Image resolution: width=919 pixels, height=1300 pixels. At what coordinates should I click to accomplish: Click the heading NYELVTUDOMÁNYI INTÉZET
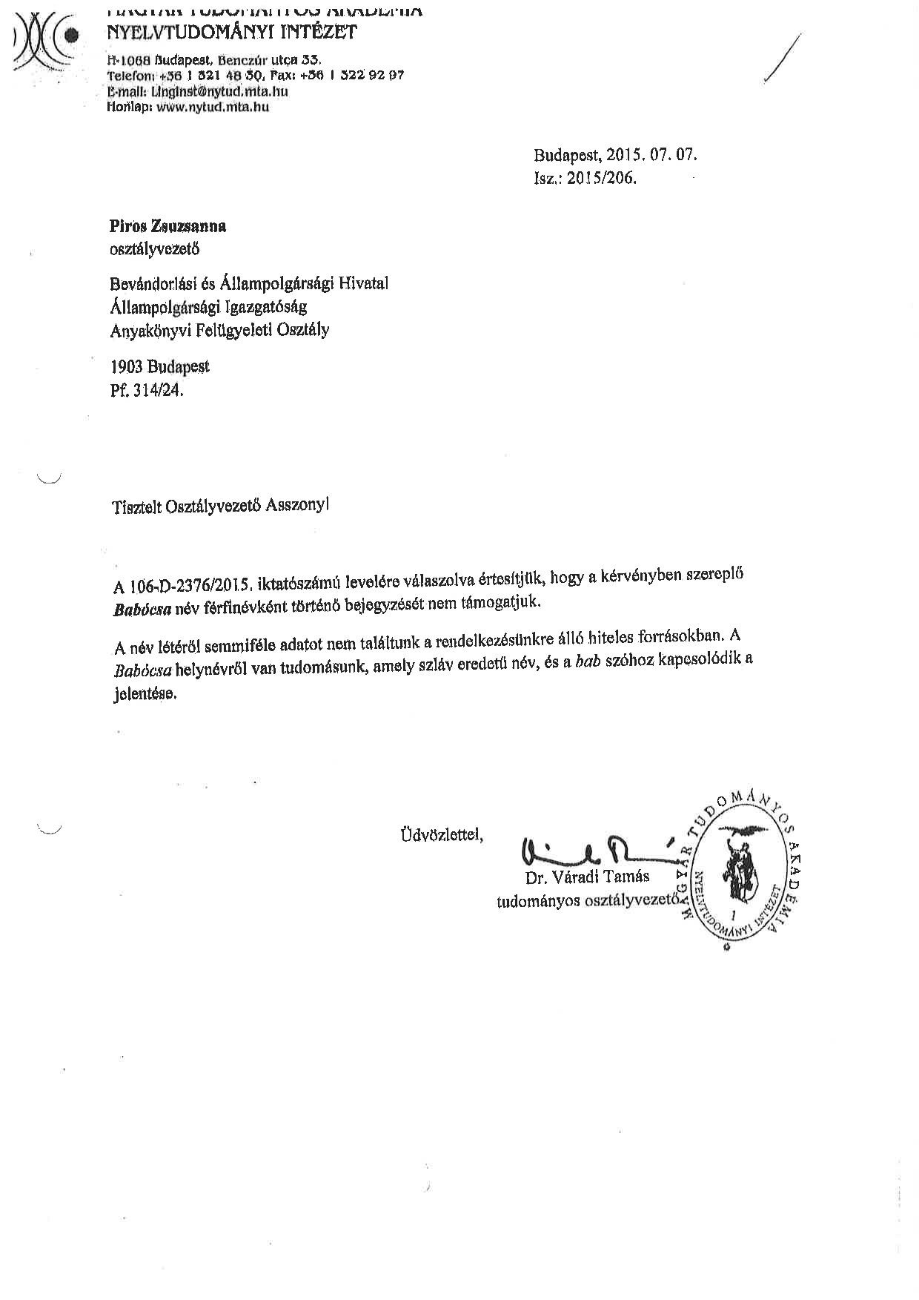pyautogui.click(x=231, y=32)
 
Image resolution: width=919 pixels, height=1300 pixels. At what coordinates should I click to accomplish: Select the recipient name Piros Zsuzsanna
pyautogui.click(x=167, y=227)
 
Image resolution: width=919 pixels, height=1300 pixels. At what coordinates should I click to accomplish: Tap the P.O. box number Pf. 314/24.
pyautogui.click(x=146, y=390)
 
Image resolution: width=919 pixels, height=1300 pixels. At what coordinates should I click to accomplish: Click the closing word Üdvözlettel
pyautogui.click(x=442, y=835)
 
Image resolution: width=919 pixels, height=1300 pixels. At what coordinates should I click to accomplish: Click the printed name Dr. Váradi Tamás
pyautogui.click(x=587, y=877)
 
